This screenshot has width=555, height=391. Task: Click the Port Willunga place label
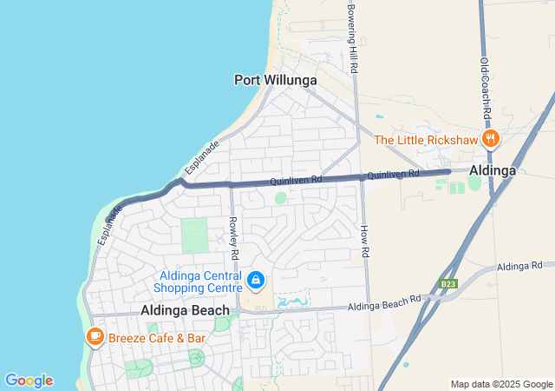point(275,80)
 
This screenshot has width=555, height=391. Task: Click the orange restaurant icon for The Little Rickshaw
point(491,139)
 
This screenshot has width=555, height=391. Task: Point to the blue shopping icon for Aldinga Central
point(256,280)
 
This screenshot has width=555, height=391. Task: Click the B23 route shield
point(447,284)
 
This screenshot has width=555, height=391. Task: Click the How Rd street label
point(365,240)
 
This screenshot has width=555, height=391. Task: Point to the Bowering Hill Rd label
point(352,36)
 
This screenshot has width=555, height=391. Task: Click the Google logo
point(29,381)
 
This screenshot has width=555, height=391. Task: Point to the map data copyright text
point(500,384)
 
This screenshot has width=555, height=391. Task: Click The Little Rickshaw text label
point(425,139)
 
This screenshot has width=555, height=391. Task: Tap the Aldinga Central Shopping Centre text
point(200,282)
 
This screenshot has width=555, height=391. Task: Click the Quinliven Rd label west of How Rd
point(296,181)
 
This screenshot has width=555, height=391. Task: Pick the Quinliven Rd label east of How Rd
point(393,175)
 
